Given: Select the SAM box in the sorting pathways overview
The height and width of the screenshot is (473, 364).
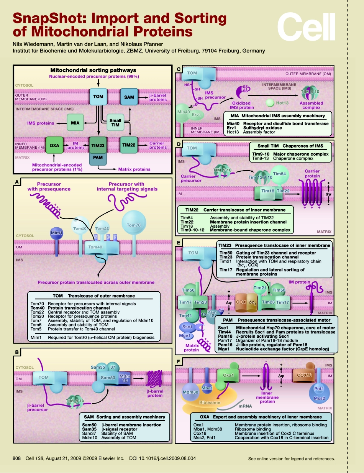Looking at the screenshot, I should click(x=129, y=97).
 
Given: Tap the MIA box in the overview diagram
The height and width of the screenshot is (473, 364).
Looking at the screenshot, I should click(x=75, y=123).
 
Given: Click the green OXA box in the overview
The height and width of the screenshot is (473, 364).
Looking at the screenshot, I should click(x=54, y=145).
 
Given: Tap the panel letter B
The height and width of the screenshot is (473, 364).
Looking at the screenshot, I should click(x=17, y=352).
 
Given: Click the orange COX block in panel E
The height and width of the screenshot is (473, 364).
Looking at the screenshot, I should click(x=240, y=302).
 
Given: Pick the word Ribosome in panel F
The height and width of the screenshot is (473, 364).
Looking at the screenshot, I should click(x=210, y=402).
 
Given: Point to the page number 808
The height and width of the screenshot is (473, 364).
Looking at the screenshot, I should click(x=16, y=458).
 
